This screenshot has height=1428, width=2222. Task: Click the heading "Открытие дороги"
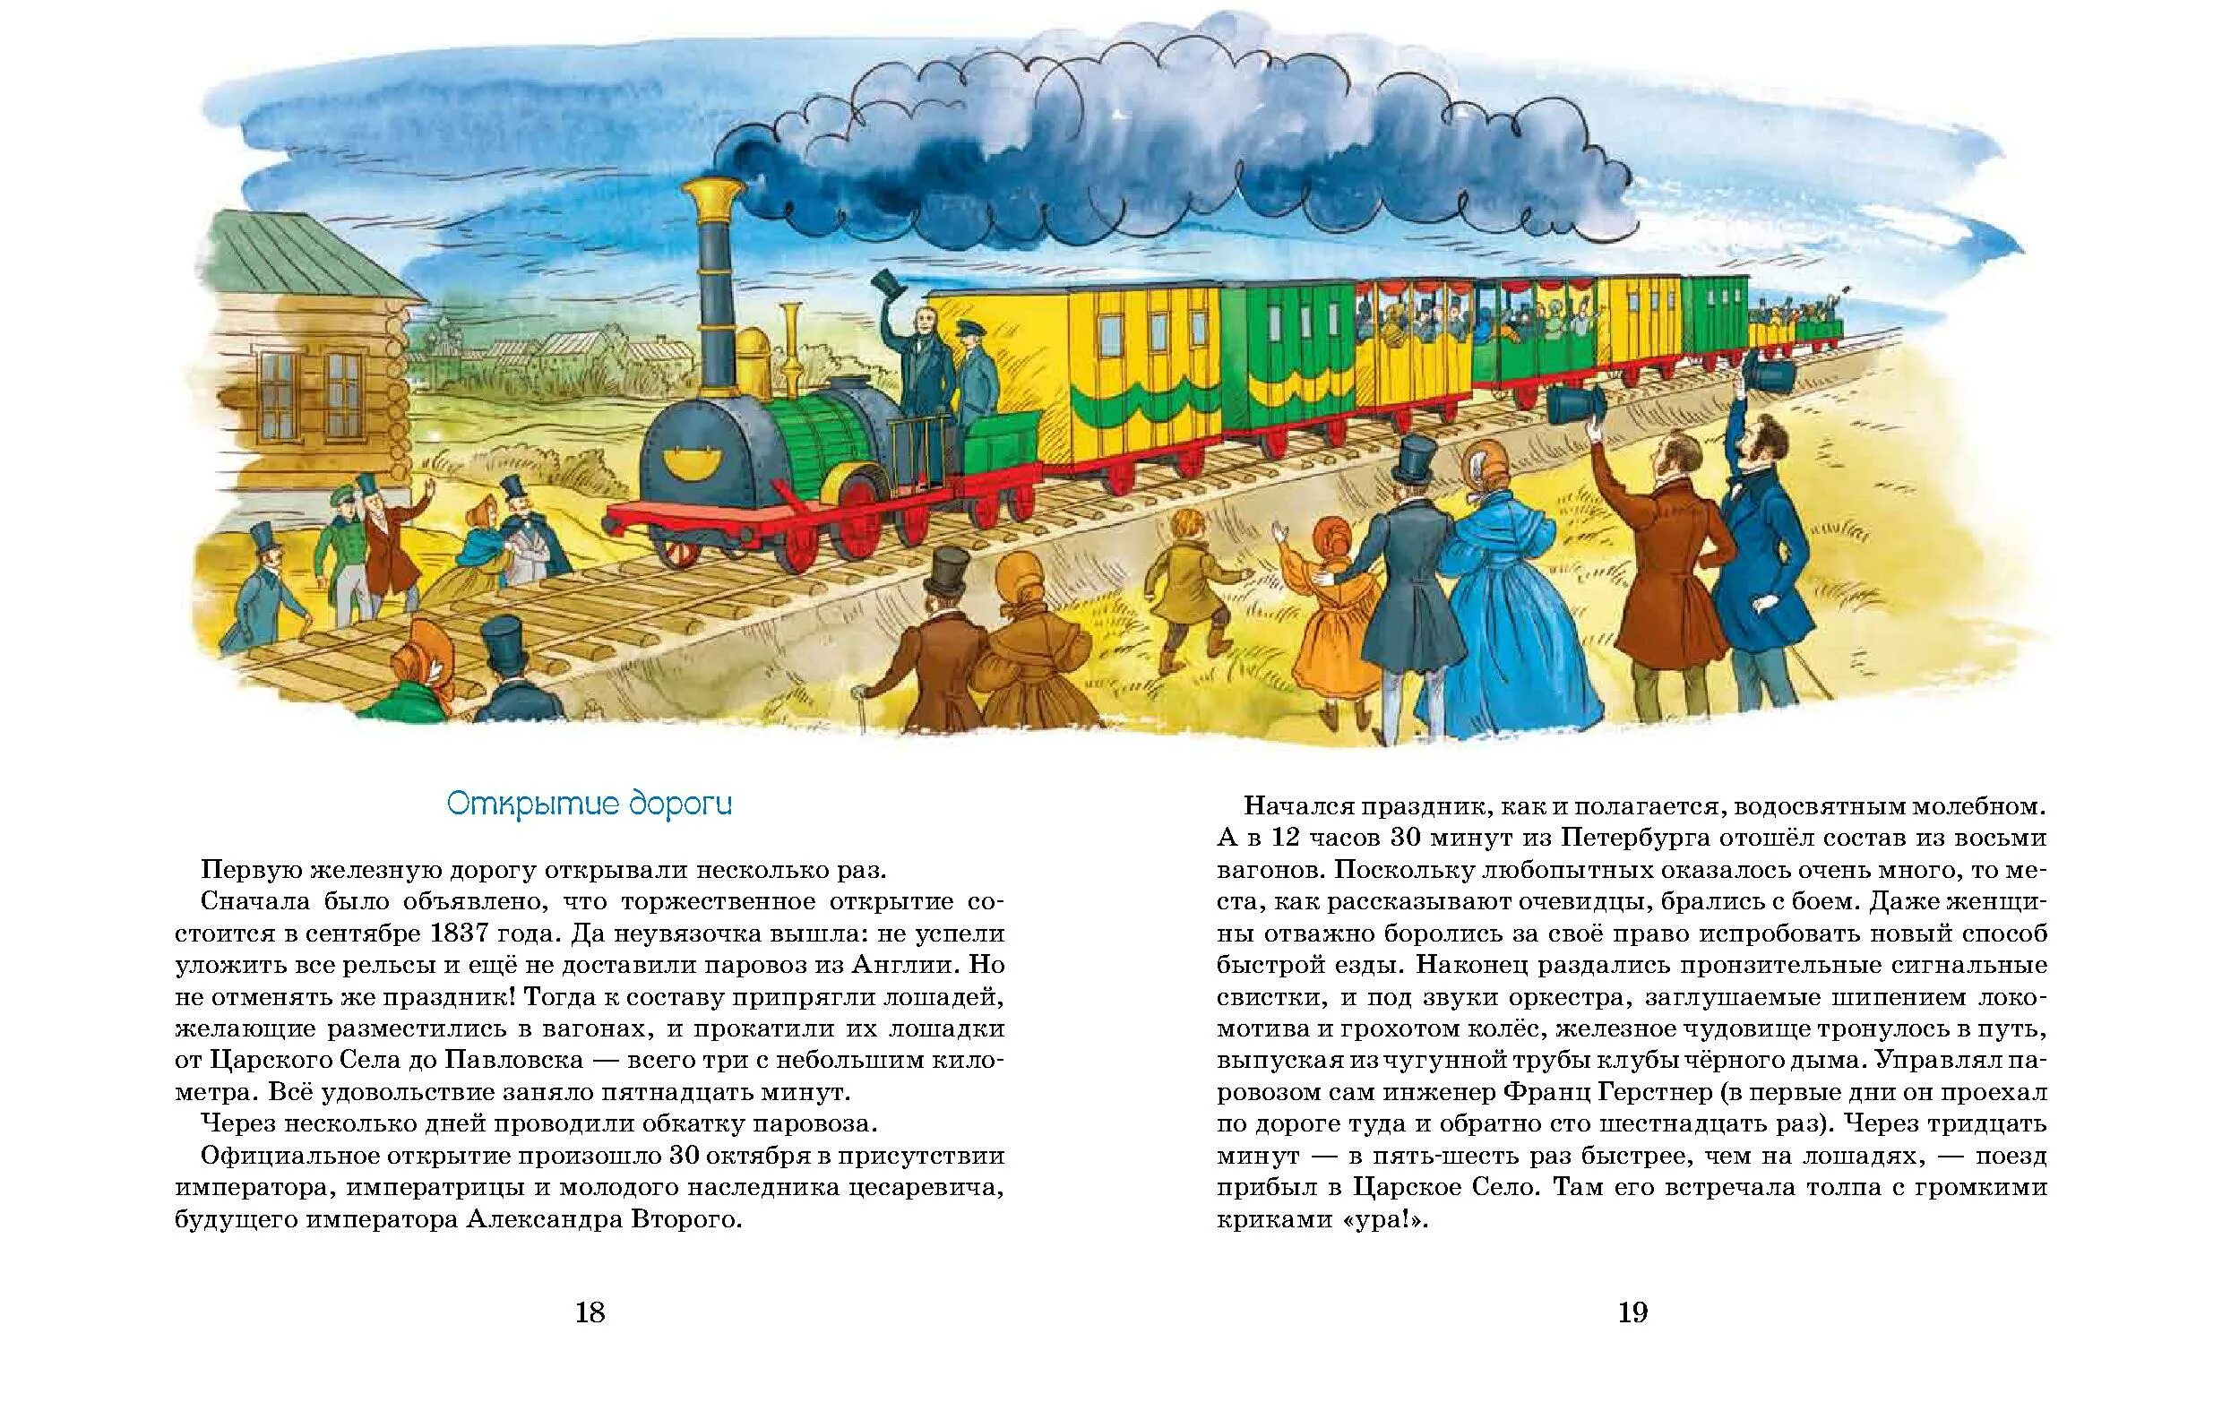click(x=589, y=804)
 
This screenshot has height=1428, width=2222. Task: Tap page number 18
click(x=590, y=1312)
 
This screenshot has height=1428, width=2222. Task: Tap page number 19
click(x=1632, y=1312)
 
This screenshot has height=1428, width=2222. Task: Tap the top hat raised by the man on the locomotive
click(x=889, y=282)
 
